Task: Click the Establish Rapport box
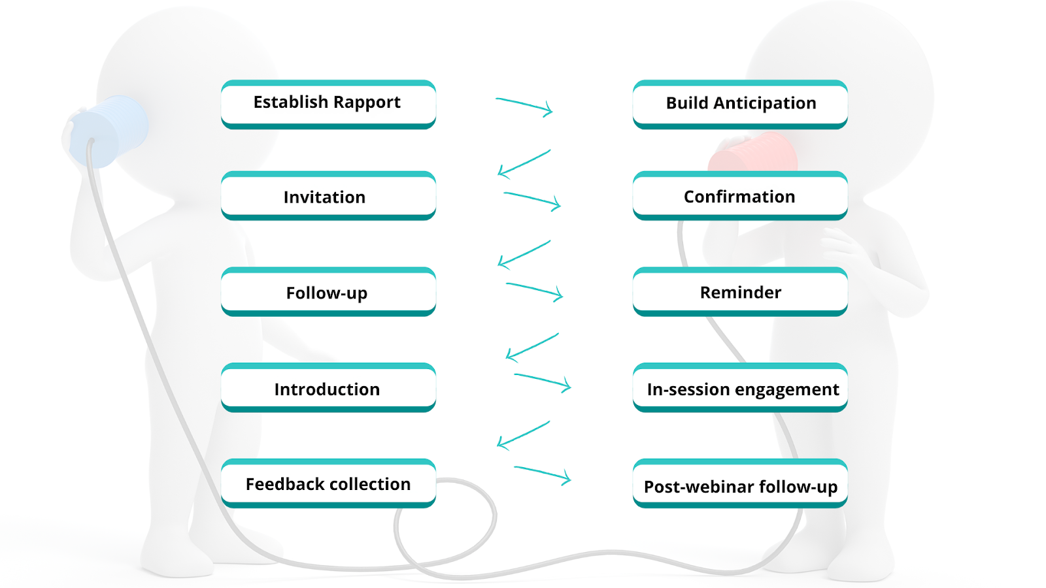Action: coord(328,104)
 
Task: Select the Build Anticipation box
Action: coord(740,104)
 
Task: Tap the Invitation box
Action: coord(328,196)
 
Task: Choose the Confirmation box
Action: coord(740,196)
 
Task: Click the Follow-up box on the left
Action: coord(328,292)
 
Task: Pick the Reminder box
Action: coord(740,292)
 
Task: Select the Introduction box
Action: coord(328,388)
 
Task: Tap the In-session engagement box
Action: coord(740,388)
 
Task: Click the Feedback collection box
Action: coord(328,483)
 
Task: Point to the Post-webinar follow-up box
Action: coord(740,484)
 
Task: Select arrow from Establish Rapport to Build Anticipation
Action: coord(524,105)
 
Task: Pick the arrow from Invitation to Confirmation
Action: coord(532,199)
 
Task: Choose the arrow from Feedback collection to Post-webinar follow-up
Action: coord(543,474)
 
